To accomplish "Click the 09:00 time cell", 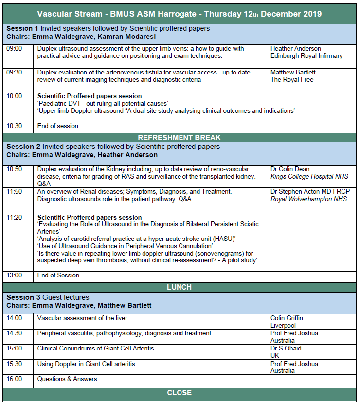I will coord(14,49).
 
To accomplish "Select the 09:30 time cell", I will coord(14,73).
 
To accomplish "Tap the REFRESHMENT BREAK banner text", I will coord(179,138).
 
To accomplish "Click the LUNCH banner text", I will coord(179,287).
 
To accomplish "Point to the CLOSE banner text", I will coord(179,393).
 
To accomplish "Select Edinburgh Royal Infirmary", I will coord(306,56).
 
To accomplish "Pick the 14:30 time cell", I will coord(14,333).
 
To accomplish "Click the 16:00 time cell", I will coord(14,379).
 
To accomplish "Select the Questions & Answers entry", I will coord(67,379).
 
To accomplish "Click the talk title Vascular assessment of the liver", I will coord(82,318).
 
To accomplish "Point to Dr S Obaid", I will coord(286,349).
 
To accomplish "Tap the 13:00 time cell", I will coord(14,275).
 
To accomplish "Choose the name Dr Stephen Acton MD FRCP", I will coord(310,192).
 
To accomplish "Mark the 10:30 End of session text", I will coord(57,126).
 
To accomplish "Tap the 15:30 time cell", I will coord(14,364).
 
